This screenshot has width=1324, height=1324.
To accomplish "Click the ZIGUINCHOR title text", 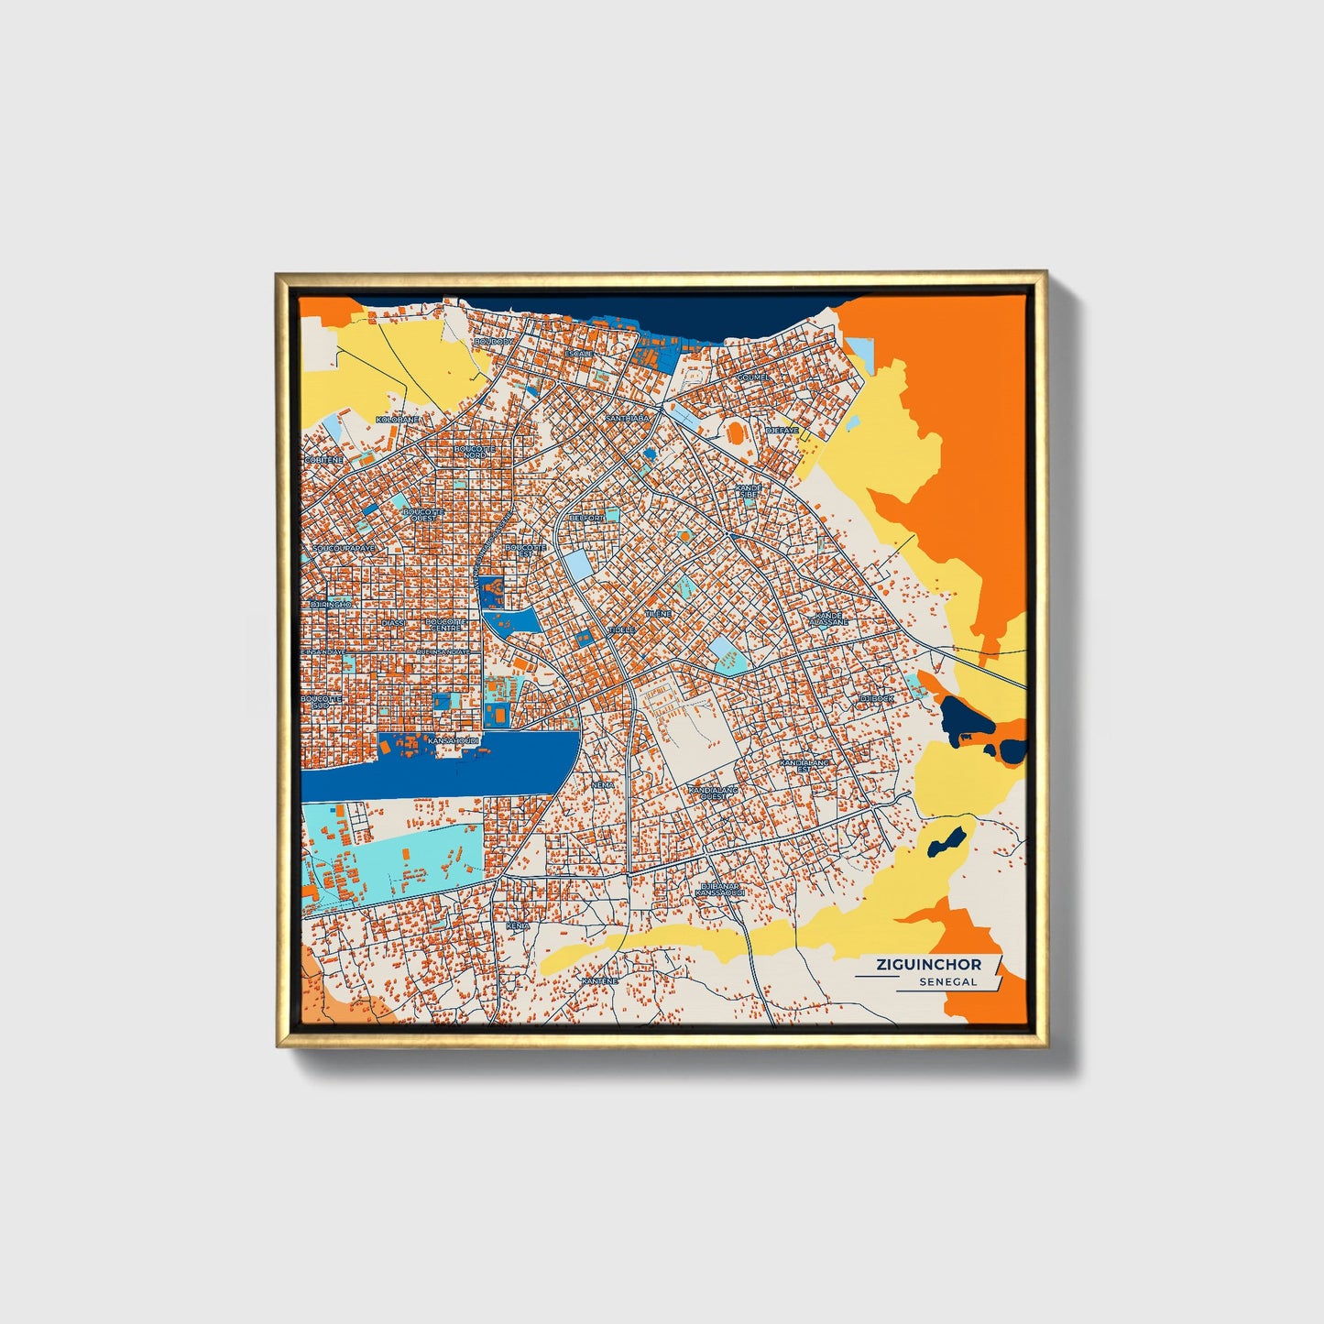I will [928, 964].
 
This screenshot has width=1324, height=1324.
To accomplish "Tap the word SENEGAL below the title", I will [948, 981].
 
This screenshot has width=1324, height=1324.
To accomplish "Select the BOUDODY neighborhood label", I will [495, 342].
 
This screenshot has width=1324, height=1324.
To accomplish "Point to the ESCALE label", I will [579, 353].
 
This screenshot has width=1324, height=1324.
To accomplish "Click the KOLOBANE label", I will [398, 419].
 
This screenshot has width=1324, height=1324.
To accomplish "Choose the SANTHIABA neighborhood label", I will [627, 418].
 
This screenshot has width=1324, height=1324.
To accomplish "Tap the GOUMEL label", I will [753, 377].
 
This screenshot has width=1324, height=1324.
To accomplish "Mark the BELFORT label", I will [586, 518].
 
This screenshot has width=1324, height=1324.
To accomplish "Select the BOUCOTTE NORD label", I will [475, 452].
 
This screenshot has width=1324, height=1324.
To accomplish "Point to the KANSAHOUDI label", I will [454, 739].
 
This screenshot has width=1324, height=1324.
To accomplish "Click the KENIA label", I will [518, 926].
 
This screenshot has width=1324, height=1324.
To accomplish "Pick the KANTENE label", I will [599, 981].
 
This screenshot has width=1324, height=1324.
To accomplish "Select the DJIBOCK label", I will [876, 698].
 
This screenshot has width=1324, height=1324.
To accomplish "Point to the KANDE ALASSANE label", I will [828, 618].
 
